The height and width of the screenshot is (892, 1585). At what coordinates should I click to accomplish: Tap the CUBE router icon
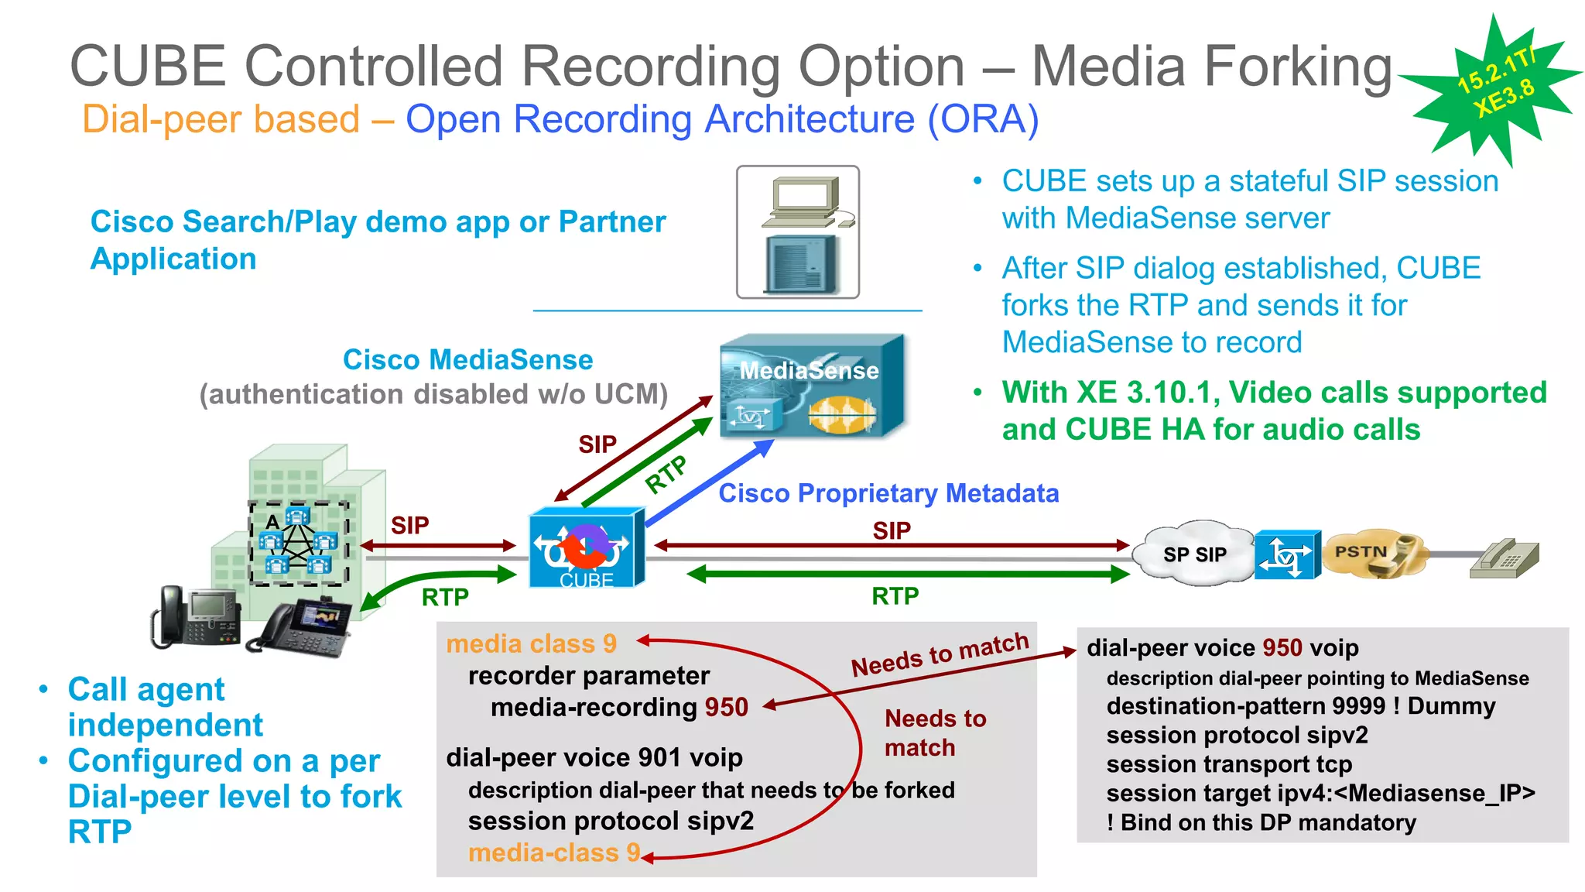[587, 547]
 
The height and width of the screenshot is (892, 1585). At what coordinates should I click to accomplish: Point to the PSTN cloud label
[1361, 551]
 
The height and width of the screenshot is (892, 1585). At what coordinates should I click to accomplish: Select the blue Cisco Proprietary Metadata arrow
[708, 484]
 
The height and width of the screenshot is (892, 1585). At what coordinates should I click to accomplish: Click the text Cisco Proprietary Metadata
[888, 493]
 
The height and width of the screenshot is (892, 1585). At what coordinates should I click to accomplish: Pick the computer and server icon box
[798, 232]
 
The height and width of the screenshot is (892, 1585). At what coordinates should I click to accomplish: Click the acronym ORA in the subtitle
[983, 120]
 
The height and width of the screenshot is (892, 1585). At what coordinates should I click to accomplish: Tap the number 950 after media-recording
[726, 707]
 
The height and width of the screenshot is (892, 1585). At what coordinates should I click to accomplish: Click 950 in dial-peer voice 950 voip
[1282, 647]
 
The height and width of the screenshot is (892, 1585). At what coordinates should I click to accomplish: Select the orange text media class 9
[532, 643]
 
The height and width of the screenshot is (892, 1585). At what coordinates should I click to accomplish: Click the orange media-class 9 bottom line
[554, 853]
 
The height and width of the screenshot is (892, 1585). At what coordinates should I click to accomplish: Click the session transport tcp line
[1229, 764]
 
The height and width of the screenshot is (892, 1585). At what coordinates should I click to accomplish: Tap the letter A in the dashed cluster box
[272, 522]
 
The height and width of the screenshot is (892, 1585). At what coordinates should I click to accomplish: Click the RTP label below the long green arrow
[895, 596]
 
